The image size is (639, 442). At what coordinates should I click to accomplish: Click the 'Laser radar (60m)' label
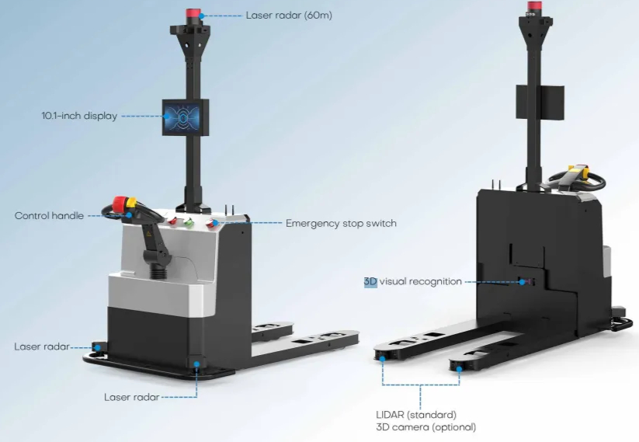[288, 15]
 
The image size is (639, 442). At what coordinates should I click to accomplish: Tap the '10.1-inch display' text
[78, 117]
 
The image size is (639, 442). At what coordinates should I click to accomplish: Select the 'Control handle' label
[48, 215]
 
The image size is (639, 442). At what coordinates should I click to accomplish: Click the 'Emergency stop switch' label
[341, 223]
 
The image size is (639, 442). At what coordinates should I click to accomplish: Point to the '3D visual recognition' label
[412, 281]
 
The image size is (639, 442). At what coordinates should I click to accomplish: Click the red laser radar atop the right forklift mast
[535, 7]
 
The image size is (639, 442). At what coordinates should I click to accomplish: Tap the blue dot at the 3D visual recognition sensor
[522, 281]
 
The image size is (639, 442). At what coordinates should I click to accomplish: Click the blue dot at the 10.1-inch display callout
[165, 117]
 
